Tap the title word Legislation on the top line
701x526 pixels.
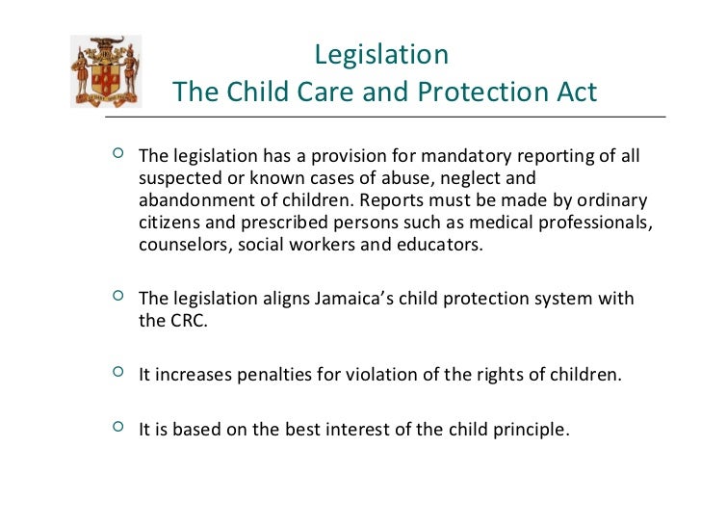381,54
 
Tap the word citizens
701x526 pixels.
170,223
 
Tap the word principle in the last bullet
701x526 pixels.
528,429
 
